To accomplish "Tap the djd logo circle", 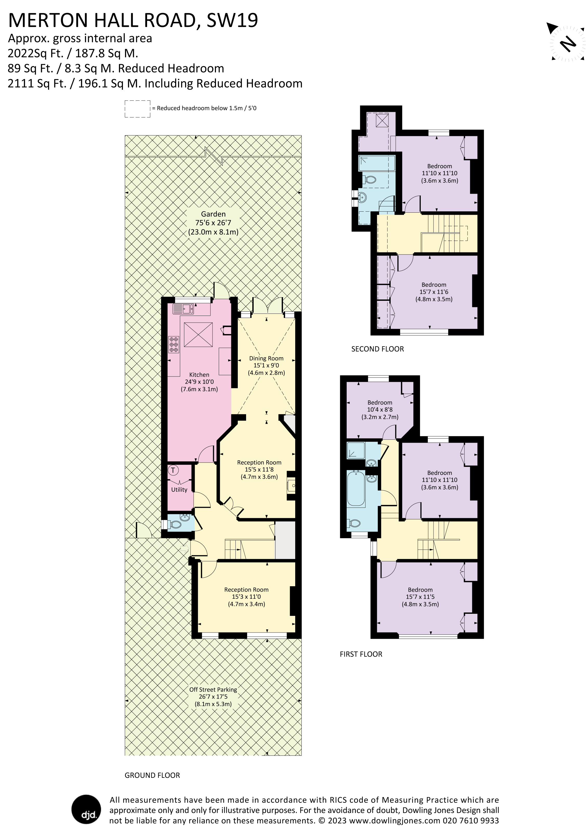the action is click(86, 809).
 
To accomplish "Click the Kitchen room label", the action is click(199, 375).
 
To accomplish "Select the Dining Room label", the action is click(266, 358).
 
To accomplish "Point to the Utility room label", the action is click(179, 490).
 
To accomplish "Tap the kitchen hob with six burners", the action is click(174, 344).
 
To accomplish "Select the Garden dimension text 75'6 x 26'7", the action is click(213, 223).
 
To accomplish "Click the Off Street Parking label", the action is click(213, 689).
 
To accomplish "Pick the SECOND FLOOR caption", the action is click(377, 349).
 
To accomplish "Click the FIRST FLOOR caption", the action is click(361, 654).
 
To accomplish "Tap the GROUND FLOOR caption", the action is click(152, 775).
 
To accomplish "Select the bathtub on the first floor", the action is click(356, 488).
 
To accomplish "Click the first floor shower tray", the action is click(356, 450).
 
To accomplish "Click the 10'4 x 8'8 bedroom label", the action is click(380, 410).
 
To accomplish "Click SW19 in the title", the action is click(232, 21).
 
